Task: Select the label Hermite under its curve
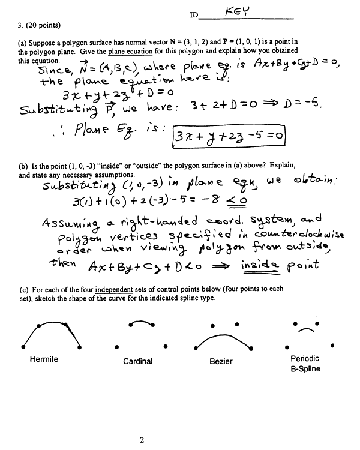[x=44, y=359]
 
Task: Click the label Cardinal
[x=138, y=361]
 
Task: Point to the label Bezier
[x=221, y=361]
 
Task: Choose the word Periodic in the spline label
[x=305, y=359]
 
